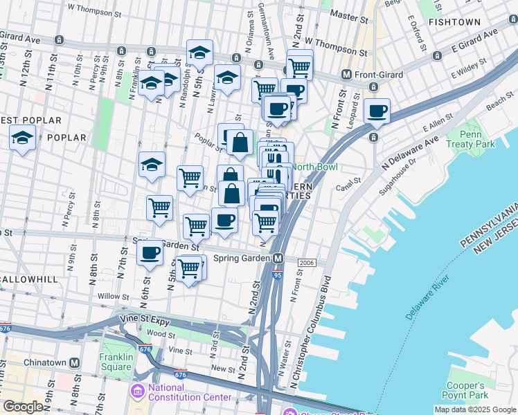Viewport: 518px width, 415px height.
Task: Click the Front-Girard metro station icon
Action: [x=346, y=74]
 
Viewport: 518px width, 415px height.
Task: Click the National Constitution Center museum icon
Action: [x=136, y=392]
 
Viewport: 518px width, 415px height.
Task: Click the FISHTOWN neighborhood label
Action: [x=454, y=22]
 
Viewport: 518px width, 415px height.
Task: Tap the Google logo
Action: [x=22, y=407]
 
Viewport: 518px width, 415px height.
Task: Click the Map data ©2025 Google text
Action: [x=474, y=409]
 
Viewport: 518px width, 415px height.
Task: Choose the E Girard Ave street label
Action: [x=474, y=41]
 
